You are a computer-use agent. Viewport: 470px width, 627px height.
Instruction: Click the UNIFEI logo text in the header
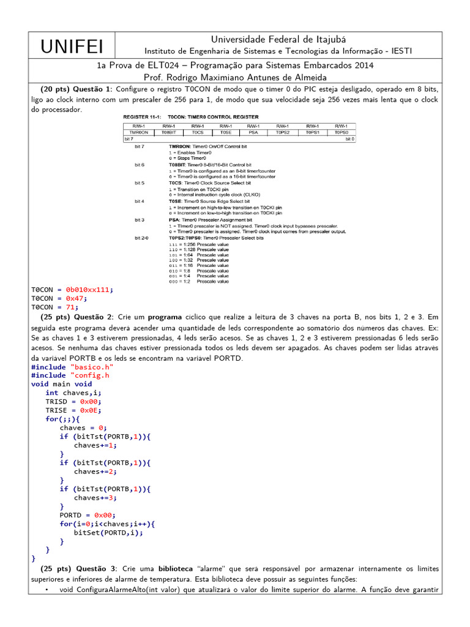pyautogui.click(x=72, y=46)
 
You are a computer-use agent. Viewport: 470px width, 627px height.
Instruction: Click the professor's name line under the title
pyautogui.click(x=235, y=78)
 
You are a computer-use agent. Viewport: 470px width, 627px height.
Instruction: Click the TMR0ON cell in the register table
pyautogui.click(x=139, y=132)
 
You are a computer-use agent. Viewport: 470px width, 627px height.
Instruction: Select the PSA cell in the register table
pyautogui.click(x=253, y=132)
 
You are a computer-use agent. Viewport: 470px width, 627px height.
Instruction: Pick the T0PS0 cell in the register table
pyautogui.click(x=341, y=132)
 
